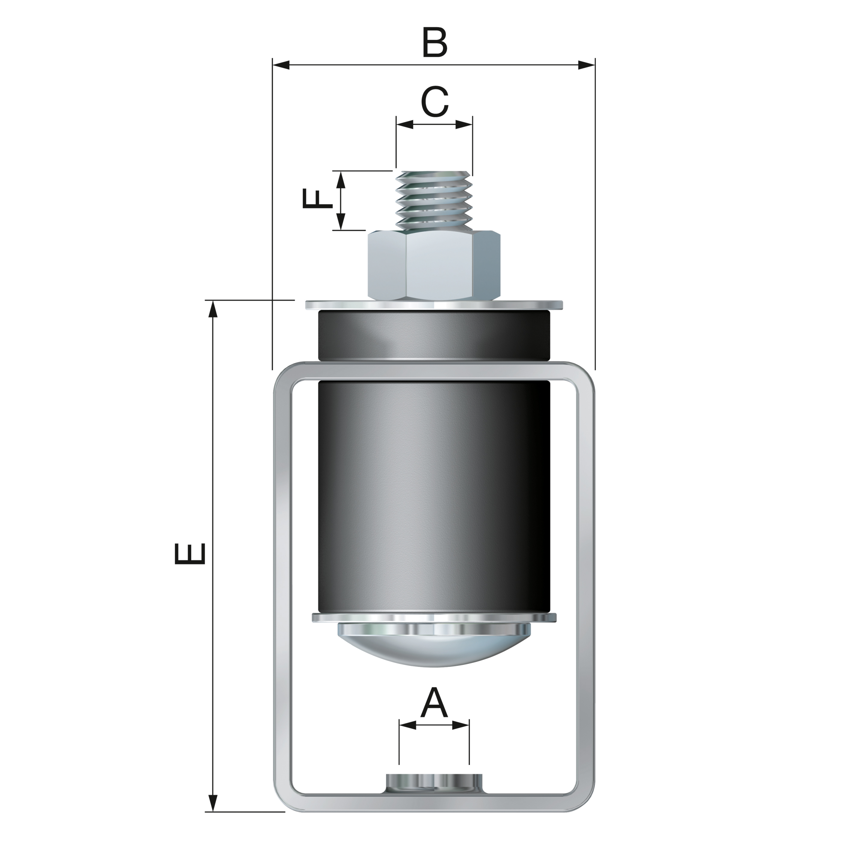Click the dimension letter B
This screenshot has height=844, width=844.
coord(435,43)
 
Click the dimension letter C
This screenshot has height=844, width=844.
coord(435,102)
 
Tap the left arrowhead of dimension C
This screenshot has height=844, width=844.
coord(405,124)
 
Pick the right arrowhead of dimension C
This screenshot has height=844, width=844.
coord(464,124)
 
